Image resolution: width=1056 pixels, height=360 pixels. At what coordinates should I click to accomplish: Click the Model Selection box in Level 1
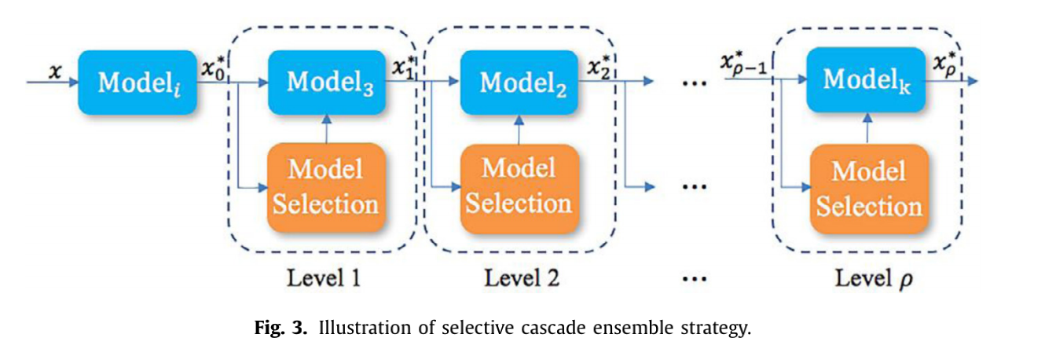[326, 187]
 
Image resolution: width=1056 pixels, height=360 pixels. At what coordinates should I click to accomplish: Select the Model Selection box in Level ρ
[868, 189]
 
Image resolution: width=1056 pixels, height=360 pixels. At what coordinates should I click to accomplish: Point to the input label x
[54, 72]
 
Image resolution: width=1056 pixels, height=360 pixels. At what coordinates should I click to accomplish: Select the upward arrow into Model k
[867, 127]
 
